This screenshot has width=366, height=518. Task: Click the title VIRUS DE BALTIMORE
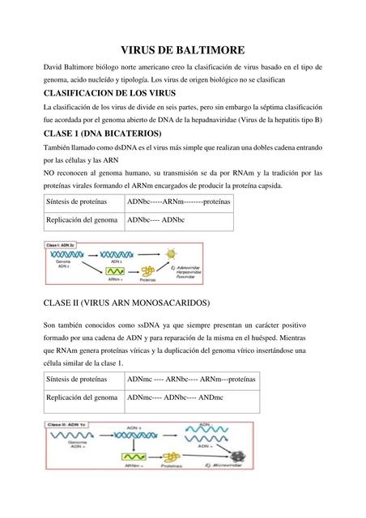tap(183, 49)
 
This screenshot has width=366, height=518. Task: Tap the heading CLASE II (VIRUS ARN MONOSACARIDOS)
tap(126, 303)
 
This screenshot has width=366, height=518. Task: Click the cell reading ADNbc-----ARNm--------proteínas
tap(178, 202)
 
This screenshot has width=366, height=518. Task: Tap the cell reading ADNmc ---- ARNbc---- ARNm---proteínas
tap(191, 379)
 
